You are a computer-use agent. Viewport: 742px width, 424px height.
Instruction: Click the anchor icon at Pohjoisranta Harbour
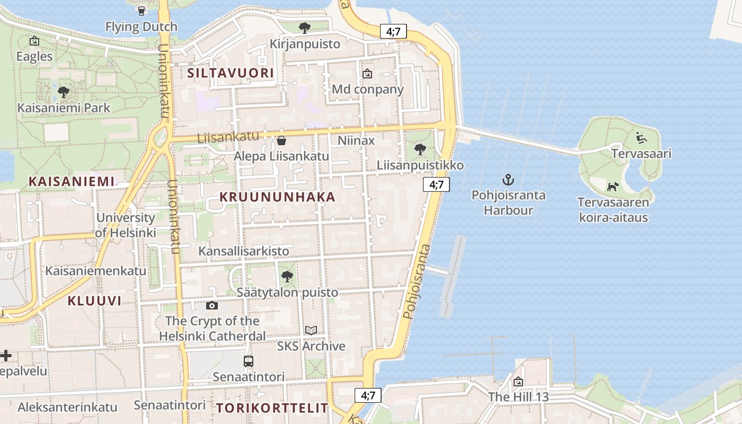(508, 179)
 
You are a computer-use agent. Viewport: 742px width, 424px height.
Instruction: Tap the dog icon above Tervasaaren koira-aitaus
(613, 187)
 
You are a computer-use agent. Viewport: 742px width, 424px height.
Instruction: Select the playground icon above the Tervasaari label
(641, 138)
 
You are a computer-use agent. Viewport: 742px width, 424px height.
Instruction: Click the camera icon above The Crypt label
(211, 305)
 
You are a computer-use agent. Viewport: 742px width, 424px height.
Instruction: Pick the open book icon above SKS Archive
(311, 330)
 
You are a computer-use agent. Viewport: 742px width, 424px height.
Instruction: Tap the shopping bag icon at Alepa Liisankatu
(281, 140)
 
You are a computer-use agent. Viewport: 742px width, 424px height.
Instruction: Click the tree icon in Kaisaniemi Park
(64, 92)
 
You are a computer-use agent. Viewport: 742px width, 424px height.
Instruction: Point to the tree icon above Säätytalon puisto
(287, 276)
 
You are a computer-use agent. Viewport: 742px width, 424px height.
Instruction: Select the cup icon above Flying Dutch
(141, 11)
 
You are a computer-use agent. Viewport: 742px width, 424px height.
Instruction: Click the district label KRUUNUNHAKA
(278, 197)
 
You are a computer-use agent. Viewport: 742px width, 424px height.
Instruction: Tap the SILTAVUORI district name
(231, 73)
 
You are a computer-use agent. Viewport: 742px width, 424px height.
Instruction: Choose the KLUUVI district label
(94, 301)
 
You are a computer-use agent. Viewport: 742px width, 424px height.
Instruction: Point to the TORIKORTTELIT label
(272, 408)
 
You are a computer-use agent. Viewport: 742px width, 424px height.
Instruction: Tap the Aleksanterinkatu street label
(67, 407)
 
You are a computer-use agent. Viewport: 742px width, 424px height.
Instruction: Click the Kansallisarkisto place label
(244, 251)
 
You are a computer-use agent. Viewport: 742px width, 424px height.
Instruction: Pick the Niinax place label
(356, 140)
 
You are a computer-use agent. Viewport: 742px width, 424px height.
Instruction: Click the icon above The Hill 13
(518, 382)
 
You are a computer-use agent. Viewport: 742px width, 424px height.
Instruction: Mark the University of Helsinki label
(126, 225)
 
